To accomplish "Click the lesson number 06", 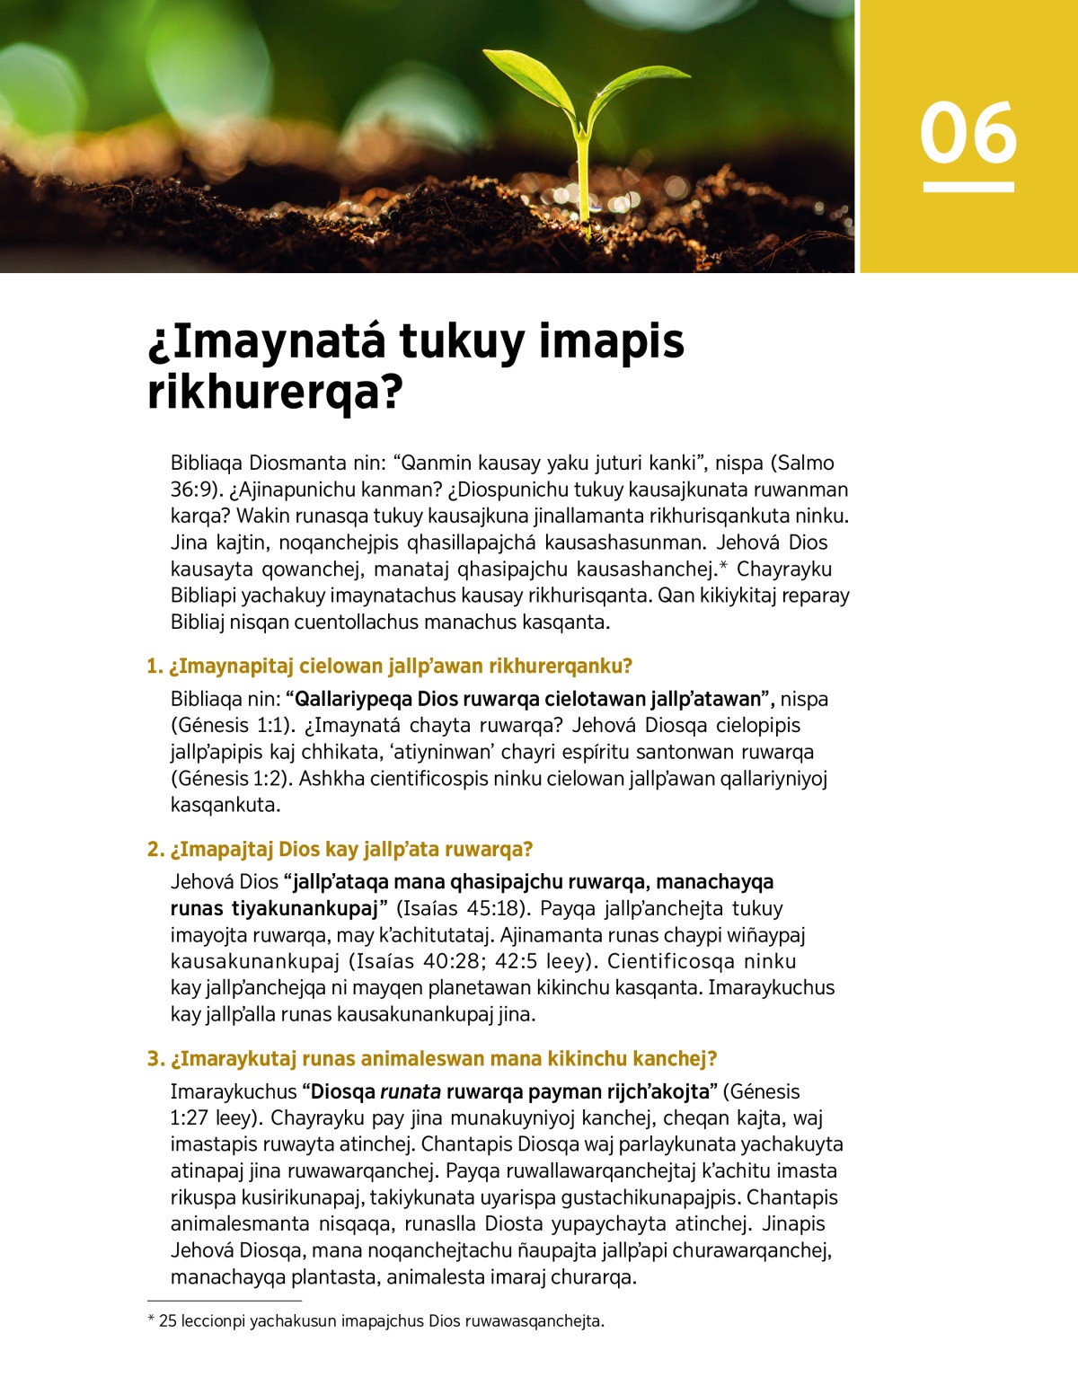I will pyautogui.click(x=968, y=133).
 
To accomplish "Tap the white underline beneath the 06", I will pyautogui.click(x=968, y=187).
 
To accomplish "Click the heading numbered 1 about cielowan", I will pyautogui.click(x=390, y=666).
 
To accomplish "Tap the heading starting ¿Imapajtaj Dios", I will pyautogui.click(x=340, y=849).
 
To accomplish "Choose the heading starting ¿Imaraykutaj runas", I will pyautogui.click(x=432, y=1058).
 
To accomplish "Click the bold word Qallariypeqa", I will pyautogui.click(x=354, y=699).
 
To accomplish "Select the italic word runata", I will pyautogui.click(x=411, y=1091).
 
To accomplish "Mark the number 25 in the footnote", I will pyautogui.click(x=167, y=1321).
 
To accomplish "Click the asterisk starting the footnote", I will pyautogui.click(x=151, y=1320).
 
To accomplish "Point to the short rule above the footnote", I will pyautogui.click(x=224, y=1300).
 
